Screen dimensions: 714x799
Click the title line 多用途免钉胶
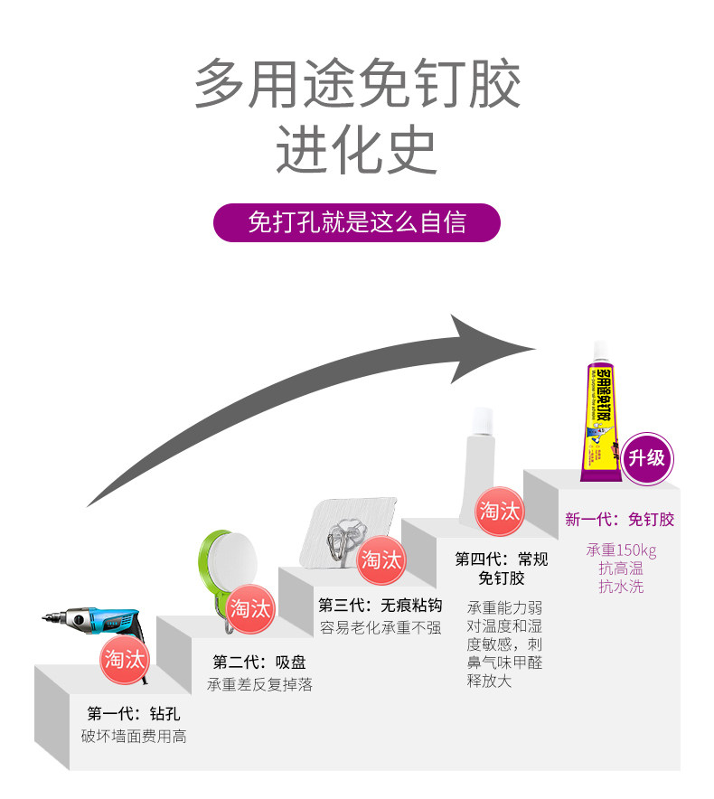click(357, 84)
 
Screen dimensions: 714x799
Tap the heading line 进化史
click(357, 149)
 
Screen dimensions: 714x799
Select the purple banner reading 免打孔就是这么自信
click(357, 222)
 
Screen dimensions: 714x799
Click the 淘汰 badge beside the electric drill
click(124, 658)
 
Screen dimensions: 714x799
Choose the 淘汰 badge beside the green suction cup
click(250, 607)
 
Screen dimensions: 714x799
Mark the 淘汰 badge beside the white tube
click(500, 511)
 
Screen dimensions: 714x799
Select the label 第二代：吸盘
click(259, 663)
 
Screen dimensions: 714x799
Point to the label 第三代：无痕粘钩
click(380, 605)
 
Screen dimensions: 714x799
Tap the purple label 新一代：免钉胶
click(619, 520)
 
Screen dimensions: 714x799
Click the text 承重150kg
click(620, 550)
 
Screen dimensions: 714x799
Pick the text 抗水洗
click(620, 587)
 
